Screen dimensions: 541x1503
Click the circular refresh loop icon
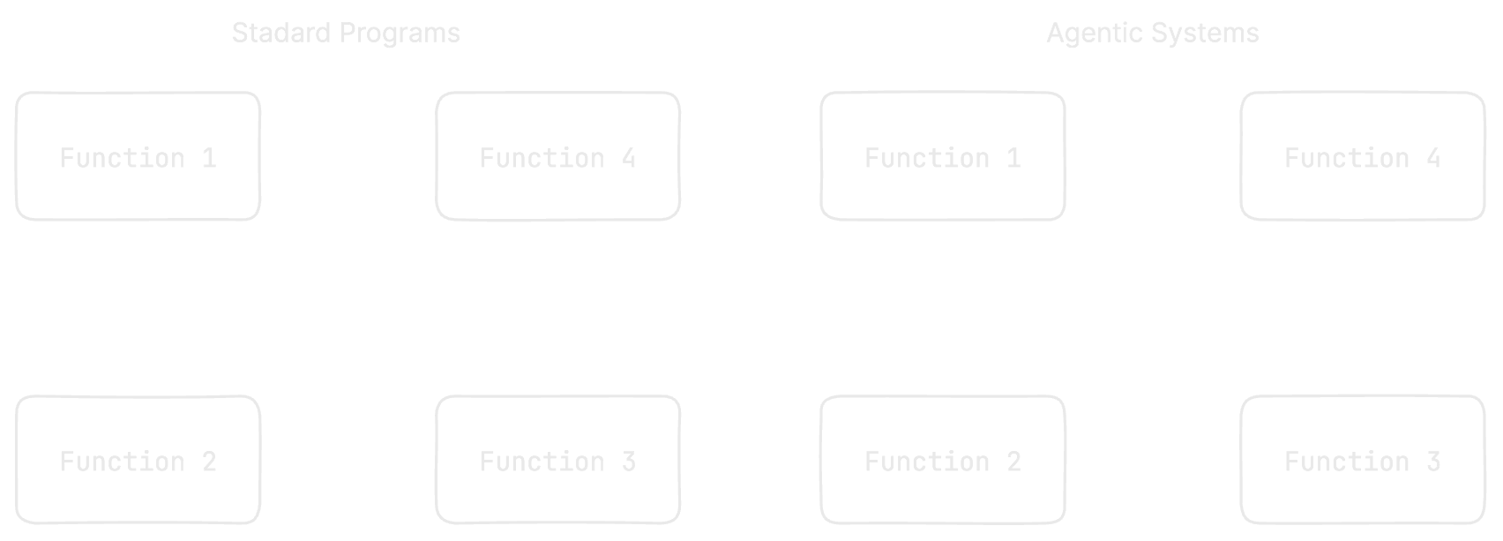(x=346, y=304)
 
